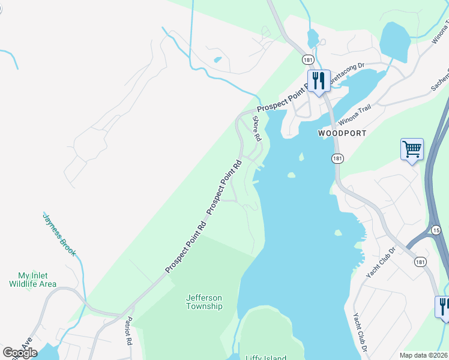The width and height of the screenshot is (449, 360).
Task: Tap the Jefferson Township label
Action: tap(204, 302)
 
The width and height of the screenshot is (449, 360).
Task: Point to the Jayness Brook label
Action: tap(59, 234)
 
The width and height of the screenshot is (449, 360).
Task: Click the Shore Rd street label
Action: tap(257, 128)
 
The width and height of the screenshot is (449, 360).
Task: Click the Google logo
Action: tap(20, 352)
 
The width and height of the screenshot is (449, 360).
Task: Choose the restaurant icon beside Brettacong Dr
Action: tap(318, 81)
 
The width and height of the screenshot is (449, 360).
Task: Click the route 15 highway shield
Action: tap(436, 230)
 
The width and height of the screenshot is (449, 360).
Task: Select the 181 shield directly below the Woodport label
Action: tap(337, 158)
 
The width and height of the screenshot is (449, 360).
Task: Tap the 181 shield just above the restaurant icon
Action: tap(308, 60)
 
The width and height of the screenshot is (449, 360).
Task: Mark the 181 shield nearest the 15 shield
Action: tap(421, 261)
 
